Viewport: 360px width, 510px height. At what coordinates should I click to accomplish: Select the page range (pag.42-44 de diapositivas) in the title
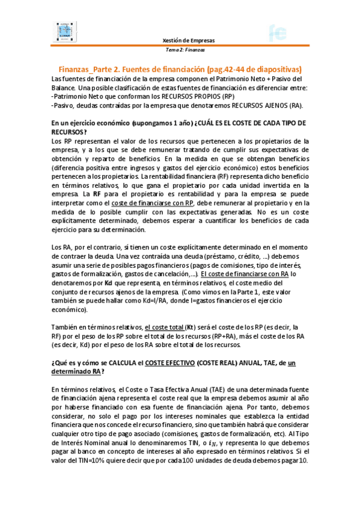(x=252, y=69)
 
